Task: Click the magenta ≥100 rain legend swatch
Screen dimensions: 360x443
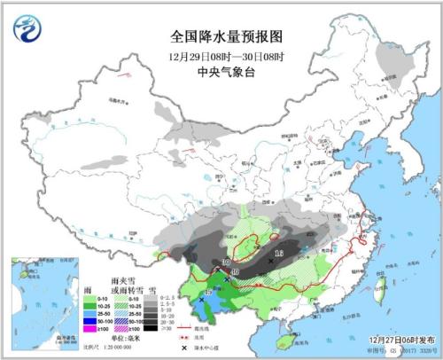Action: (88, 328)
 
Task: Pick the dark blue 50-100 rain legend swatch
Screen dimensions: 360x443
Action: (88, 318)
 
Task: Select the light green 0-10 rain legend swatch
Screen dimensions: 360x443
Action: (88, 293)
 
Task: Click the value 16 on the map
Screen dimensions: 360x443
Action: (278, 254)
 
